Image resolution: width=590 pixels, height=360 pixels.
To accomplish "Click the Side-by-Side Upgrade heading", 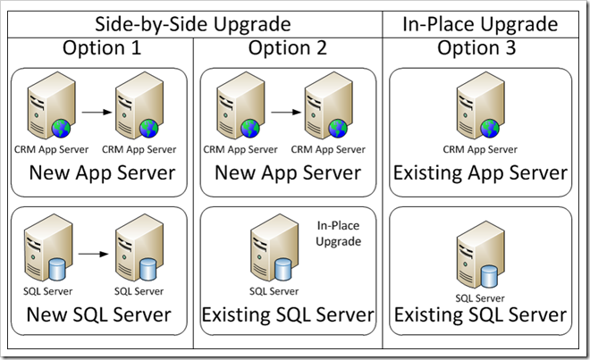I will pyautogui.click(x=193, y=24).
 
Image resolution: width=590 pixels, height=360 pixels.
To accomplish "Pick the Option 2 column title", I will pyautogui.click(x=287, y=48).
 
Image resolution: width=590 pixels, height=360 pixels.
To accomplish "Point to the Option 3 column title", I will pyautogui.click(x=476, y=48).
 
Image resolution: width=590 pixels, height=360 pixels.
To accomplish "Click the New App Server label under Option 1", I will pyautogui.click(x=101, y=172).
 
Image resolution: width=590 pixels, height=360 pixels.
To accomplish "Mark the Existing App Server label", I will pyautogui.click(x=480, y=172).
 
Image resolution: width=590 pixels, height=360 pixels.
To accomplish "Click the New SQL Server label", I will pyautogui.click(x=98, y=314).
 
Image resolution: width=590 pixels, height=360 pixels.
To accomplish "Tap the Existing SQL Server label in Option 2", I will pyautogui.click(x=287, y=314).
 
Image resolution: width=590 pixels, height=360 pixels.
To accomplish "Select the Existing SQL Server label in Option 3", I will pyautogui.click(x=480, y=314).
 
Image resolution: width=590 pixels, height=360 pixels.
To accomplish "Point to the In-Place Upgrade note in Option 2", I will pyautogui.click(x=338, y=234).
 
